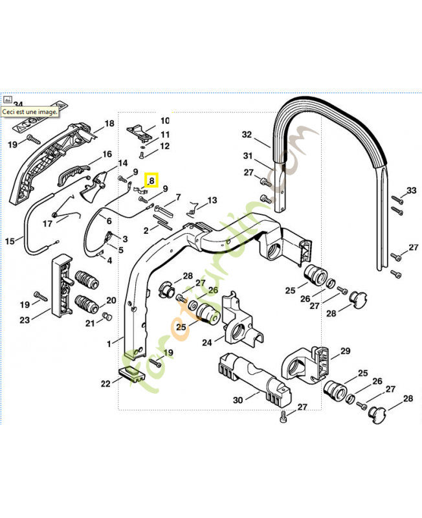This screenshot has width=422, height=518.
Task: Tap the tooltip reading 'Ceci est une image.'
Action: [x=30, y=111]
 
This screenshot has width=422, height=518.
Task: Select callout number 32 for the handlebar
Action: [x=247, y=135]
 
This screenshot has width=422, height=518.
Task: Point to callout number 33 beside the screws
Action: [x=412, y=190]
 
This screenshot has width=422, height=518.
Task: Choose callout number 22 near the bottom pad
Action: [x=105, y=383]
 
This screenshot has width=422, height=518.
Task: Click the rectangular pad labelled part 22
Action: [x=131, y=374]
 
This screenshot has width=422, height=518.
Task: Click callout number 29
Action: [x=345, y=351]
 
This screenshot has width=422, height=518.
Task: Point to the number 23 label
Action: [x=25, y=320]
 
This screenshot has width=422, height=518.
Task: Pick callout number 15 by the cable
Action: [x=9, y=242]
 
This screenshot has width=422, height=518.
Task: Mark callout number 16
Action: [x=107, y=155]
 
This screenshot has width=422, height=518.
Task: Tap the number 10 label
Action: [x=164, y=120]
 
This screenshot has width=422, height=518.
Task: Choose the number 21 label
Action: [x=90, y=323]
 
